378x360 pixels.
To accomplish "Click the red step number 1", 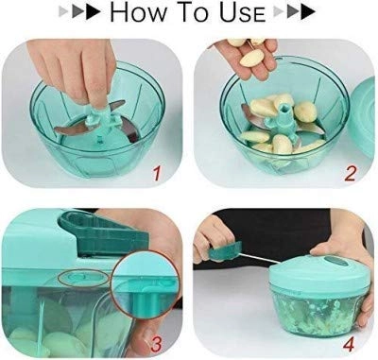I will point(157,173).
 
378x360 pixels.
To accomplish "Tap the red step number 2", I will point(348,173).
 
